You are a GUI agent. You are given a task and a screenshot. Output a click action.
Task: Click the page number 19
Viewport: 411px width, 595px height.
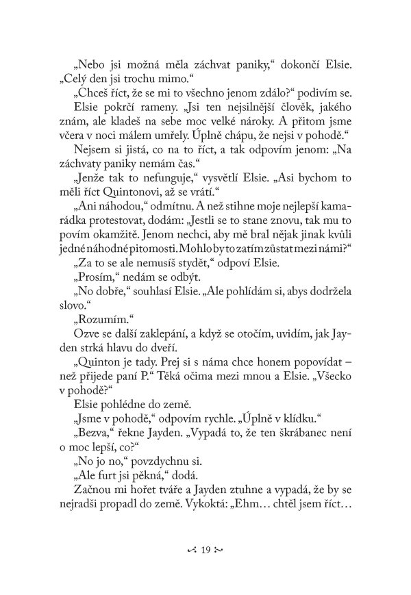pyautogui.click(x=206, y=549)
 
